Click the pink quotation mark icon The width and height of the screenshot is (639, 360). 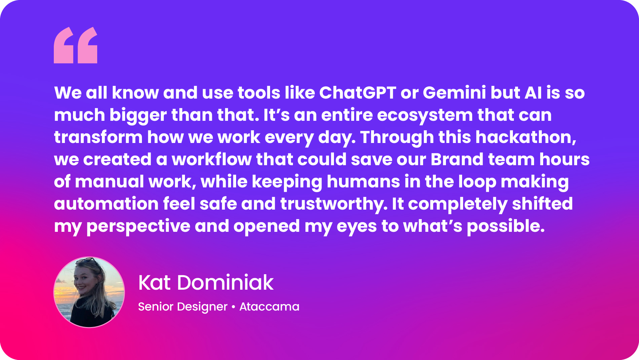tap(76, 45)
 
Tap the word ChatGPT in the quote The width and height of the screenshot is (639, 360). tap(358, 93)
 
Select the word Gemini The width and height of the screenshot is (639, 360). tap(454, 93)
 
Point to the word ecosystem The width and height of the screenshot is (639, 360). tap(425, 115)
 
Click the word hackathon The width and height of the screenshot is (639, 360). tap(526, 137)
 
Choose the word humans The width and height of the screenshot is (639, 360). tap(363, 182)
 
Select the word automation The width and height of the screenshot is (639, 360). tap(106, 204)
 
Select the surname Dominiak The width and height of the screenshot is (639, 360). tap(225, 282)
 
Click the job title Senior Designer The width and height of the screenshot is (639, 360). tap(183, 307)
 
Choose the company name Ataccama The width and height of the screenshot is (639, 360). tap(269, 307)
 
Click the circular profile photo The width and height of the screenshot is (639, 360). tap(89, 292)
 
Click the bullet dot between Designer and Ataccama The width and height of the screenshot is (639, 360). tap(233, 307)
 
